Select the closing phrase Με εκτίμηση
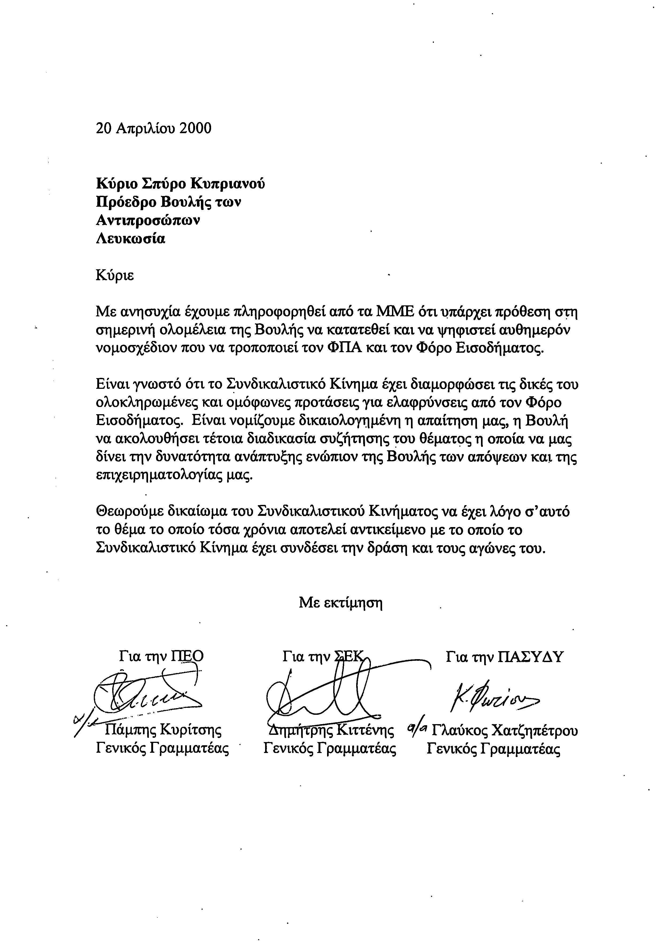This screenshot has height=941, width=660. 341,602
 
